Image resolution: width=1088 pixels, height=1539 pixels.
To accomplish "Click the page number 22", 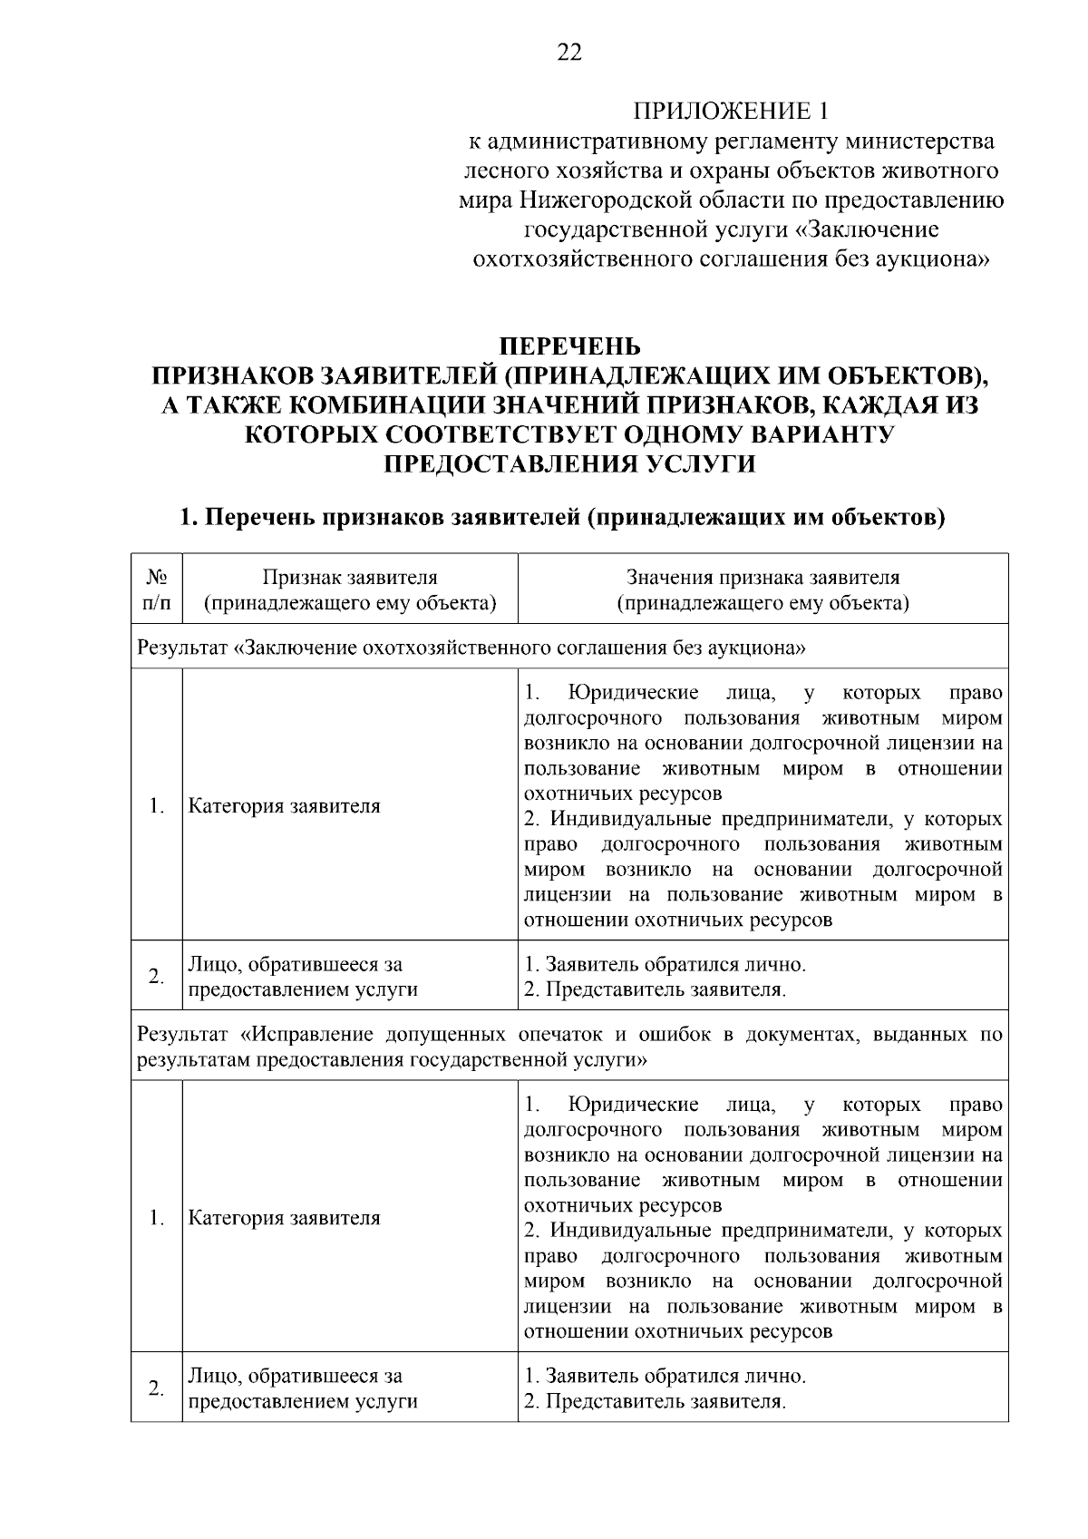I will click(569, 53).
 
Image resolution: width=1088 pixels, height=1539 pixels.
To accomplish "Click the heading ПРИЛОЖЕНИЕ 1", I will click(731, 112).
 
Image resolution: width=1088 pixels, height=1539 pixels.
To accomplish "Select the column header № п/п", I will click(156, 589).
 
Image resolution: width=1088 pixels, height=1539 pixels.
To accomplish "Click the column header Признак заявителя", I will click(350, 589).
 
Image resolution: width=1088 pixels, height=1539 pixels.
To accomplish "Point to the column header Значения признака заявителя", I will click(763, 589).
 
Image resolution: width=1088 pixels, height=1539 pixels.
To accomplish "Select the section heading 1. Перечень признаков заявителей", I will click(562, 518).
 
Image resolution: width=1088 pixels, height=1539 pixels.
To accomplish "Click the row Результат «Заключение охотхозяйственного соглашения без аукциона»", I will click(471, 648).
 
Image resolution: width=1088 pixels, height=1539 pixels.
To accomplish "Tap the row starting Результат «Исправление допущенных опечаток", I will click(569, 1046).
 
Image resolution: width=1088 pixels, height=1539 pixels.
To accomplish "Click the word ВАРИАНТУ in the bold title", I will click(820, 434).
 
